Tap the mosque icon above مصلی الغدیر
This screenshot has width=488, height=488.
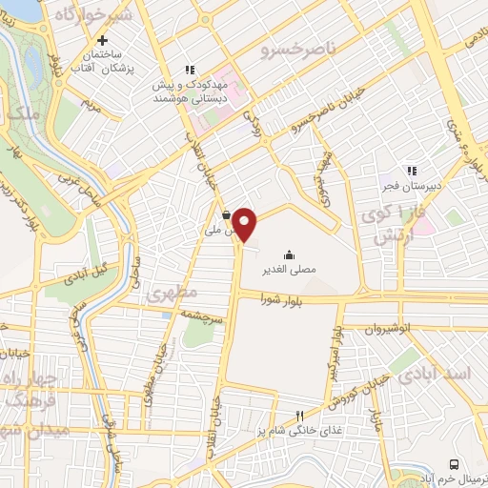(x=290, y=254)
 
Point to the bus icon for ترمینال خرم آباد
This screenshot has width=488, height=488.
(x=455, y=463)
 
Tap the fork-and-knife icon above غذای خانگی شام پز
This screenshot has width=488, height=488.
(x=299, y=416)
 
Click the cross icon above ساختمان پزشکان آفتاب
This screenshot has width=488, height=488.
(x=102, y=40)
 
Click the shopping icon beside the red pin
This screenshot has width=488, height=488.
(x=226, y=214)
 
